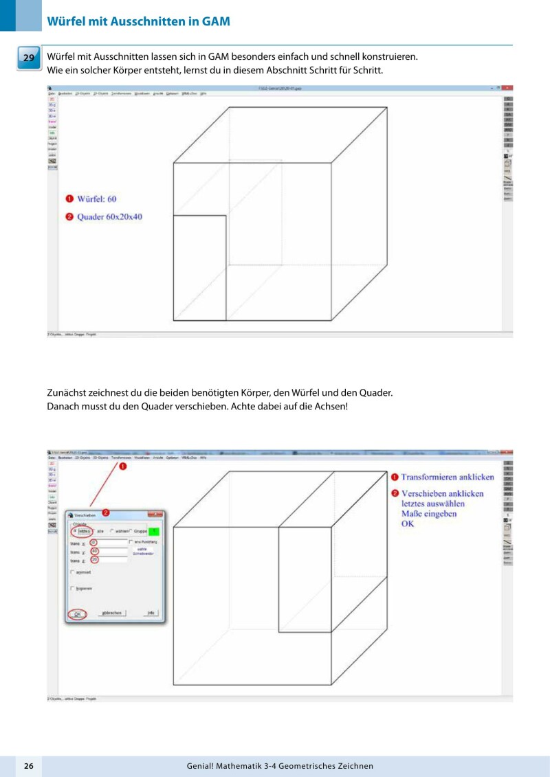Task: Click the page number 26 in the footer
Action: [28, 765]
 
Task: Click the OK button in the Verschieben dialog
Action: [78, 613]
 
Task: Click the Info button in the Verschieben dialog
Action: [151, 613]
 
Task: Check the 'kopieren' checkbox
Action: [73, 588]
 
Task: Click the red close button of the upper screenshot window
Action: [507, 88]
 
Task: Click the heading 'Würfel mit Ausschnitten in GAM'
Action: [138, 21]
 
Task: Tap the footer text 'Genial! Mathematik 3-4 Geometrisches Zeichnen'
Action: [280, 765]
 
